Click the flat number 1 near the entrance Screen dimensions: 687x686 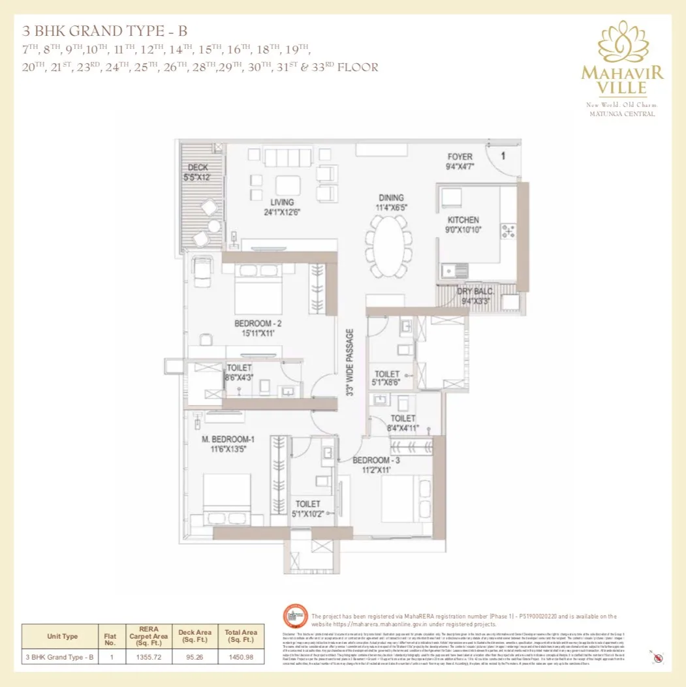coord(503,156)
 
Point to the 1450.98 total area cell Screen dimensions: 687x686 coord(241,657)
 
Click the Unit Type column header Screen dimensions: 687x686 coord(63,636)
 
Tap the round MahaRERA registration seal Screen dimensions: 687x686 coord(295,618)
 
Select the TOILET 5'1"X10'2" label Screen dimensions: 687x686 coord(307,508)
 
